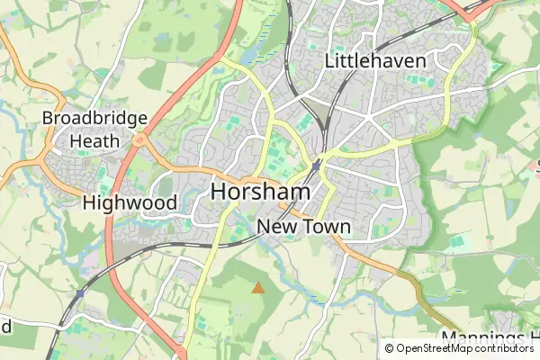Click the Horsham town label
260,193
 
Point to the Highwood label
130,202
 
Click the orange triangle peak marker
258,288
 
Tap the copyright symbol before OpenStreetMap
389,348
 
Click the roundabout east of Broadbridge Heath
139,139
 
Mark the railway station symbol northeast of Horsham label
317,166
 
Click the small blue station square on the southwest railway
80,293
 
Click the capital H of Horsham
220,193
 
